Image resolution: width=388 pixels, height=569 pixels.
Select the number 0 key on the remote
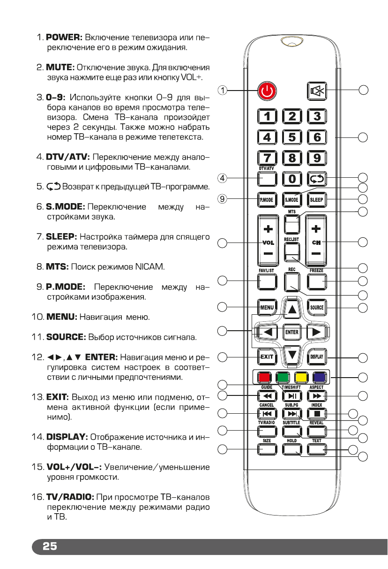point(292,179)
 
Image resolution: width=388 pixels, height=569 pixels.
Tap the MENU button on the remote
point(267,308)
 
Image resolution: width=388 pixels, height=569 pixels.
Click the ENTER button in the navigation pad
point(291,332)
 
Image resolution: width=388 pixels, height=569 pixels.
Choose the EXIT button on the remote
point(267,357)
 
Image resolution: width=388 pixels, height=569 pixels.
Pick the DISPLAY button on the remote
point(317,357)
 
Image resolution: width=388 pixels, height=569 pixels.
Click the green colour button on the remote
point(282,377)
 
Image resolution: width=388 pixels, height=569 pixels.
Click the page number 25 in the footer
point(50,546)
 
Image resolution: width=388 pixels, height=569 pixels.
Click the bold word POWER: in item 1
point(64,37)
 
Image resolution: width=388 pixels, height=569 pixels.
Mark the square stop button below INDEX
point(317,414)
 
